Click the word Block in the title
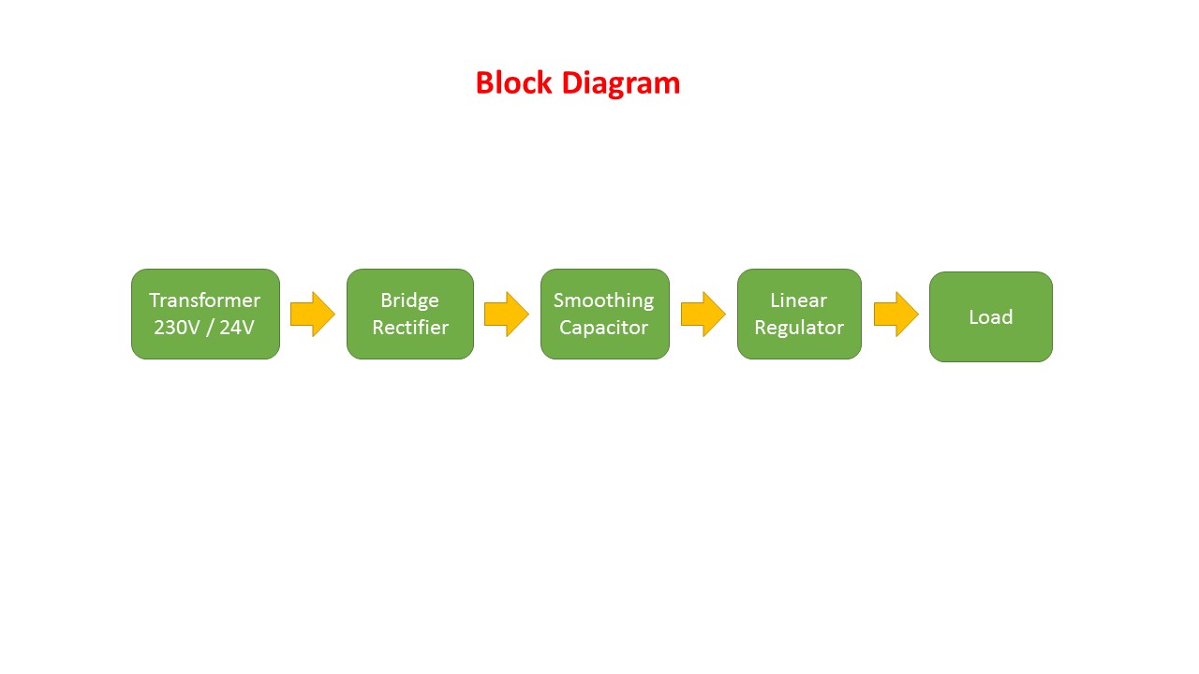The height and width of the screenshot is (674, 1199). [514, 83]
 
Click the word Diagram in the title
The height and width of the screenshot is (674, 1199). [621, 83]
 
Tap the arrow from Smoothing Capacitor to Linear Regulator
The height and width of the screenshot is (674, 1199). [703, 315]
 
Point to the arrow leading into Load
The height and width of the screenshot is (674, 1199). [896, 315]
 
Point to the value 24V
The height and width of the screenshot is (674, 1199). [237, 328]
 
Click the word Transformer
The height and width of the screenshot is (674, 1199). [204, 300]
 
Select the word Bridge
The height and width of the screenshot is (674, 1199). [409, 300]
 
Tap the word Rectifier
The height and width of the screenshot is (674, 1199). [409, 328]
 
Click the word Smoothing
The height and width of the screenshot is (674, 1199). [603, 300]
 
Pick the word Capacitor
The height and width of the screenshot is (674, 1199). [603, 328]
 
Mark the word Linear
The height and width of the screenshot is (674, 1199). [798, 300]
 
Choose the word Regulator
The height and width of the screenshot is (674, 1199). [799, 328]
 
